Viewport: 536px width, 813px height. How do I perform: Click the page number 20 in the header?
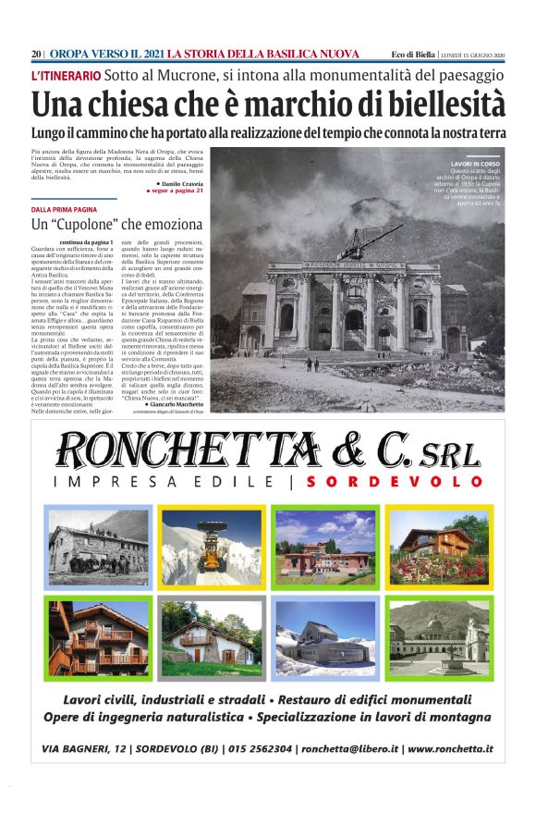pos(36,54)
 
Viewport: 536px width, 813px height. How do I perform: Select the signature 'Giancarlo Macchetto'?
pos(175,405)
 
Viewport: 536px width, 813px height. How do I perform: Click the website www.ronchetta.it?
pos(449,749)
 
